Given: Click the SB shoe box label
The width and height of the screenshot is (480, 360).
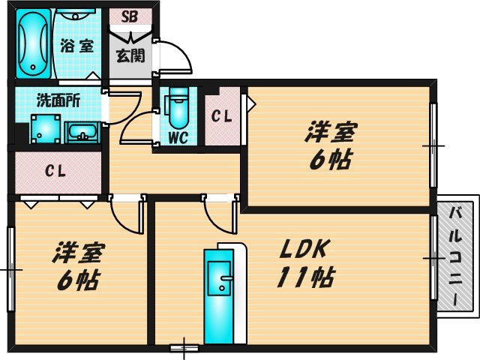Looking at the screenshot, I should pyautogui.click(x=130, y=16).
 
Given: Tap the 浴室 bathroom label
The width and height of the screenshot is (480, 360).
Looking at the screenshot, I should pyautogui.click(x=77, y=45).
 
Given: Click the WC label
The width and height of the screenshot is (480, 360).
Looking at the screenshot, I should pyautogui.click(x=177, y=138).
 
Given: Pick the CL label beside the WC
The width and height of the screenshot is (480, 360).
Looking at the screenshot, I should pyautogui.click(x=220, y=116).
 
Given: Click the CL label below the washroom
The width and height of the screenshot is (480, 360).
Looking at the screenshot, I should pyautogui.click(x=55, y=172).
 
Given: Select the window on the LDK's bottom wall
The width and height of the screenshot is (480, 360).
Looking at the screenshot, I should pyautogui.click(x=183, y=347).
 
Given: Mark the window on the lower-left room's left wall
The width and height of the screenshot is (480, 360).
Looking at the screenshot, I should pyautogui.click(x=10, y=268).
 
